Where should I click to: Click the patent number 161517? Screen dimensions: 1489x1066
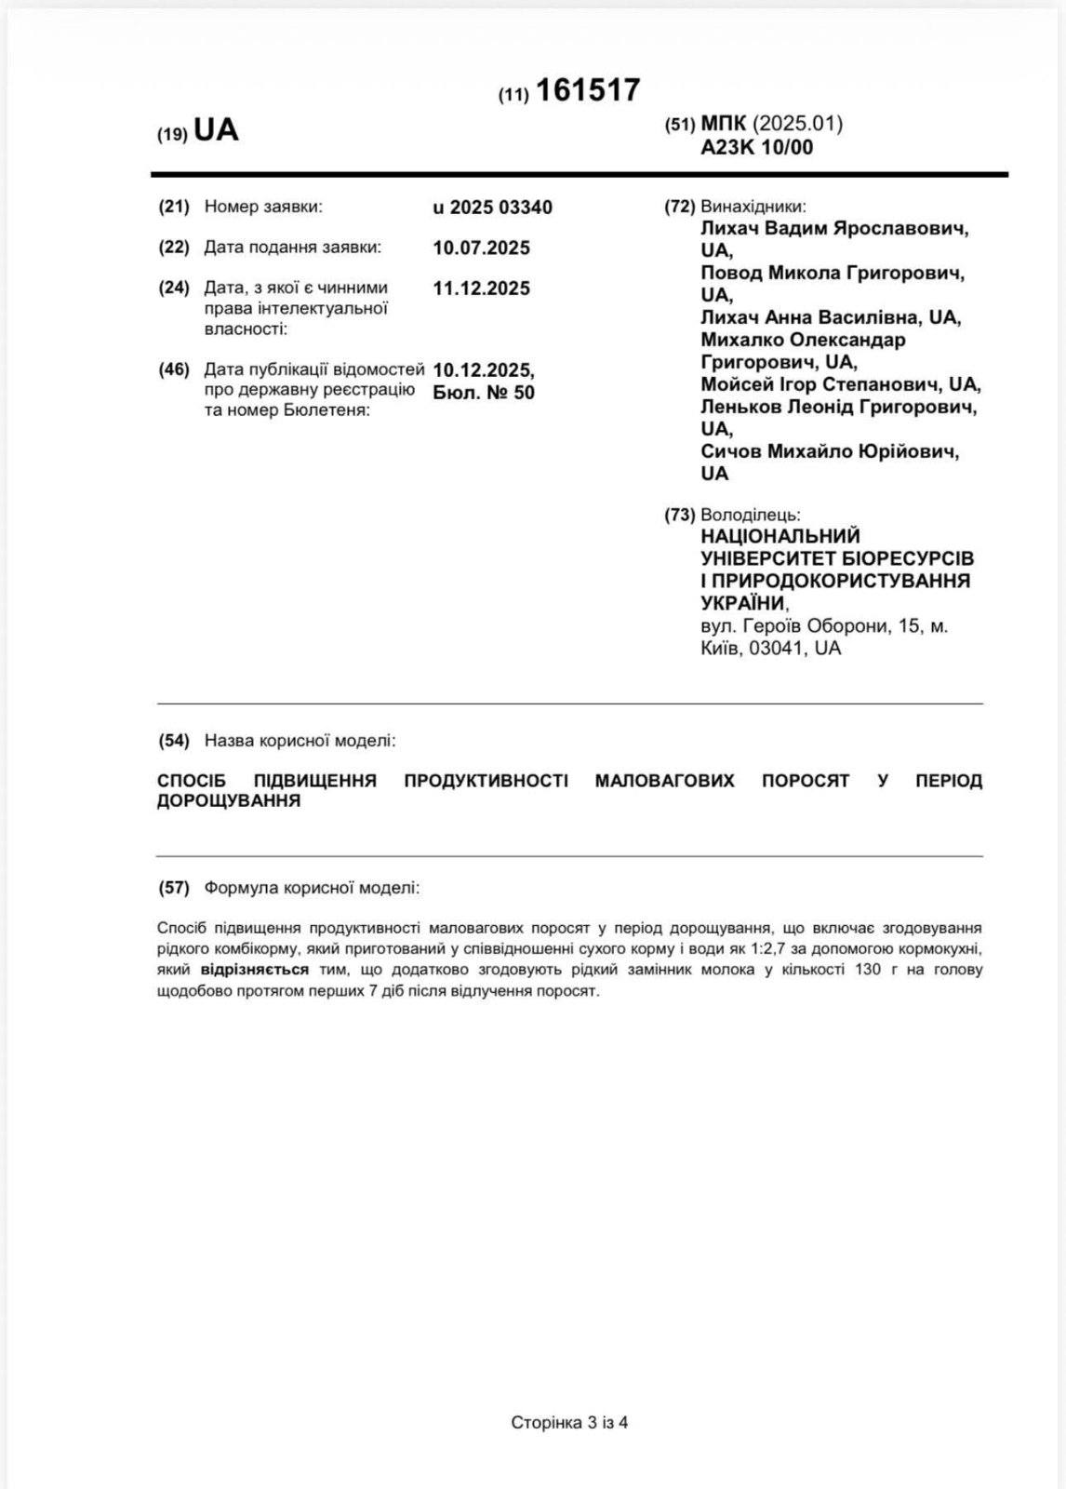tap(588, 90)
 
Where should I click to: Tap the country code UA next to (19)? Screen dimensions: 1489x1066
tap(216, 131)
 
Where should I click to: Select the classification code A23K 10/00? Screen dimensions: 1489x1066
tap(756, 147)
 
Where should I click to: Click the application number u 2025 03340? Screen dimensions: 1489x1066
tap(492, 208)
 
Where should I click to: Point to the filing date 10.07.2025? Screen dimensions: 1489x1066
tap(481, 248)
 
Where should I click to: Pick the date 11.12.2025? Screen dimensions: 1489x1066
tap(481, 288)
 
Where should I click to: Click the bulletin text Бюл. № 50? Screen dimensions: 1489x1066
tap(484, 393)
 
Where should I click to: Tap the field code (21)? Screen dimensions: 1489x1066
tap(174, 207)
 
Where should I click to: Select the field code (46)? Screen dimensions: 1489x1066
tap(174, 369)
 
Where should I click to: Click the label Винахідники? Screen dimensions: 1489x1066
tap(753, 207)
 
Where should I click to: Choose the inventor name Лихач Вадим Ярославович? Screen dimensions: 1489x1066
tap(833, 229)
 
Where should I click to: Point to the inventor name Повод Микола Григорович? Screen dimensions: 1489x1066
tap(832, 273)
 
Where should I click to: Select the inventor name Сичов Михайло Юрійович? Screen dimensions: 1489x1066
tap(830, 451)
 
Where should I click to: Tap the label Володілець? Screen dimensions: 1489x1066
tap(750, 515)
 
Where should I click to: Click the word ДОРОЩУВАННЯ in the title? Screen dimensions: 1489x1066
tap(229, 801)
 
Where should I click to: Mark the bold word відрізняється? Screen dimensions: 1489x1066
tap(254, 970)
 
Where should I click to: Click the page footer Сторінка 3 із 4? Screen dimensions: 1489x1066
tap(569, 1422)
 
